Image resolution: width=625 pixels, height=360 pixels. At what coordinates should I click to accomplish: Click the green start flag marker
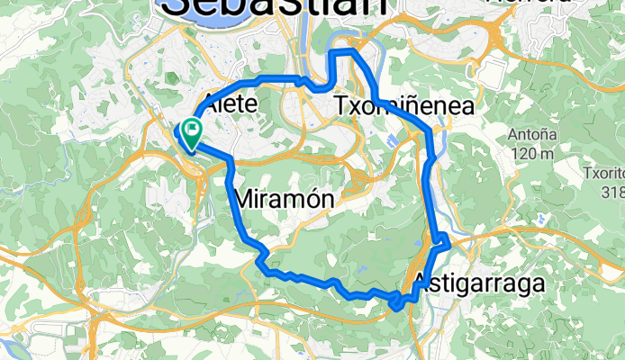click(x=192, y=134)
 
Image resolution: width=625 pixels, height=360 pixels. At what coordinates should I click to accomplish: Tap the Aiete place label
click(x=231, y=104)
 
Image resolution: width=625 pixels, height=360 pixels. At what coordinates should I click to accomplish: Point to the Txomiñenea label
click(x=403, y=105)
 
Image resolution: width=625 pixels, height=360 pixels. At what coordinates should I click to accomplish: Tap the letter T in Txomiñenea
click(x=341, y=105)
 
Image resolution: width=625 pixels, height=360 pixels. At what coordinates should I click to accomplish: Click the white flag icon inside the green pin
click(x=192, y=130)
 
